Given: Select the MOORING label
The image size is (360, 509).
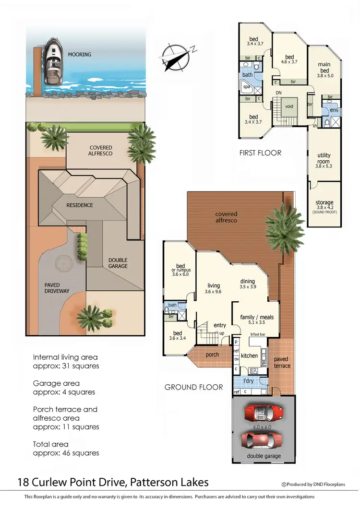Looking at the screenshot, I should click(x=80, y=55).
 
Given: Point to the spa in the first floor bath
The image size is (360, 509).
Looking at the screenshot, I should click(x=247, y=87).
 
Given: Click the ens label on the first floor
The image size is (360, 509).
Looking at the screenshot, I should click(x=334, y=110).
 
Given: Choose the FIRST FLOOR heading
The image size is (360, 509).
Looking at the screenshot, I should click(x=260, y=153).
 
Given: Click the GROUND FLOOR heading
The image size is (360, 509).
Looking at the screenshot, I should click(x=193, y=387).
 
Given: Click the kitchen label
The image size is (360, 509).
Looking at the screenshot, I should click(x=250, y=355).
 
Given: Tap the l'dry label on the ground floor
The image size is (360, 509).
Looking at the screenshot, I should click(x=249, y=381).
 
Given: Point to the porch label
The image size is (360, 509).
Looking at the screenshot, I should click(x=212, y=355).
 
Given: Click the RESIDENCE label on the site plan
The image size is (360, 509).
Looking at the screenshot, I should click(x=80, y=205).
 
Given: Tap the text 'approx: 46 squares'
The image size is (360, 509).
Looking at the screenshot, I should click(x=66, y=453).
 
